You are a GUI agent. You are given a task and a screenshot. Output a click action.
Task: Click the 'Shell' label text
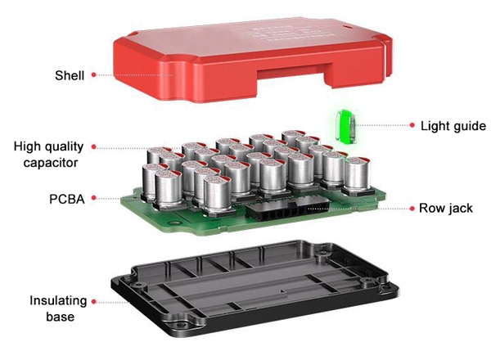[70, 74]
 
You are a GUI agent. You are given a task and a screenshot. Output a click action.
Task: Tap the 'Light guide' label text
[453, 126]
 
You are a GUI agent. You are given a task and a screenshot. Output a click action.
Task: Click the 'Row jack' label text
[448, 208]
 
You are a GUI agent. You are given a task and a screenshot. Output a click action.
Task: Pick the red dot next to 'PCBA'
[94, 198]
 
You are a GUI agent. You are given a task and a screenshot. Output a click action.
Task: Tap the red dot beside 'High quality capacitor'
[94, 147]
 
